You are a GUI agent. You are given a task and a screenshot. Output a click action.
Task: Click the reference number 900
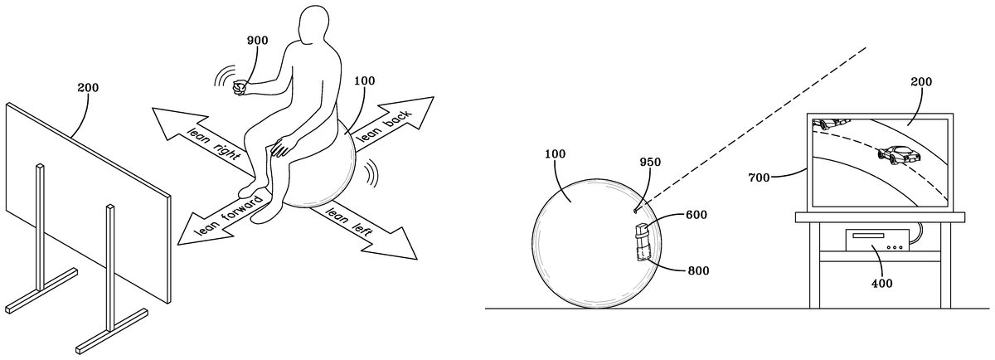pos(257,41)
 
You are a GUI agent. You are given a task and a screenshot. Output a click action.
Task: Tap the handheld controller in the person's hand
pos(240,88)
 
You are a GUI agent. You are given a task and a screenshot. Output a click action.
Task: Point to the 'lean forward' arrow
pos(222,219)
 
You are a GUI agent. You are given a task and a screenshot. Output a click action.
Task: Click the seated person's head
pos(314,24)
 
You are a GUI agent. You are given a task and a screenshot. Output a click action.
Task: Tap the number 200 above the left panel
pos(88,88)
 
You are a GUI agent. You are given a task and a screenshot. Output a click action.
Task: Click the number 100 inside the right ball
pos(556,153)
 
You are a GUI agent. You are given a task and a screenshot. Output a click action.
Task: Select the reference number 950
pos(650,163)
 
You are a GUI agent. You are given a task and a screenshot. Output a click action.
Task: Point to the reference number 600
pos(696,215)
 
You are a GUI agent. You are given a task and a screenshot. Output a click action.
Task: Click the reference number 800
pos(698,270)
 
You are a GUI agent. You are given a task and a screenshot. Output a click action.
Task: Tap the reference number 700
pos(759,178)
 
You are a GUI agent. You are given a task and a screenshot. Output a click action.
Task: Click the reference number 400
pos(881,283)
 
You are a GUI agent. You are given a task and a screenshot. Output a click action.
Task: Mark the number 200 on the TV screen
pos(921,82)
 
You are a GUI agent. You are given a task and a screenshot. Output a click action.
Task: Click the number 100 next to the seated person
pos(364,81)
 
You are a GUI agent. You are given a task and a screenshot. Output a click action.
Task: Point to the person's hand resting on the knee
pos(282,147)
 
